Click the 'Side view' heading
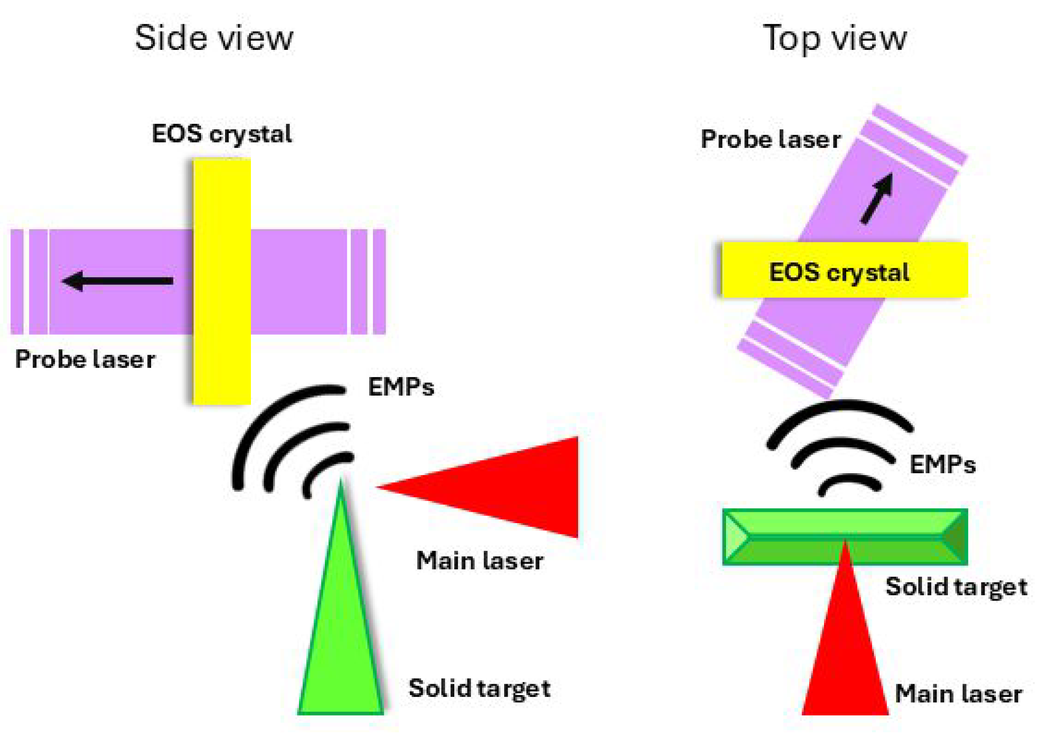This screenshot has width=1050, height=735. [214, 39]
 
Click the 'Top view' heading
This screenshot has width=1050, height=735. [834, 39]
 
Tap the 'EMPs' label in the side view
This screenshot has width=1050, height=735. [401, 387]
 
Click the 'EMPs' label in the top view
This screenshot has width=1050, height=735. [942, 465]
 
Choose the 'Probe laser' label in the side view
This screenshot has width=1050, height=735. [85, 359]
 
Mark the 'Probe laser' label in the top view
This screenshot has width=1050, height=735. [770, 139]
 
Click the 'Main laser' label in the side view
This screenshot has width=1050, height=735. [480, 561]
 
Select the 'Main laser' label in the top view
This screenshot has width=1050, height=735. [958, 694]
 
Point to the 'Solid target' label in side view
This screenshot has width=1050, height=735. [479, 688]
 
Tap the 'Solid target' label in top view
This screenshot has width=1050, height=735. [956, 587]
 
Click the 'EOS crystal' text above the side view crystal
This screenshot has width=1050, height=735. [222, 134]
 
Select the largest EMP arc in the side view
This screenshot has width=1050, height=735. [256, 421]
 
